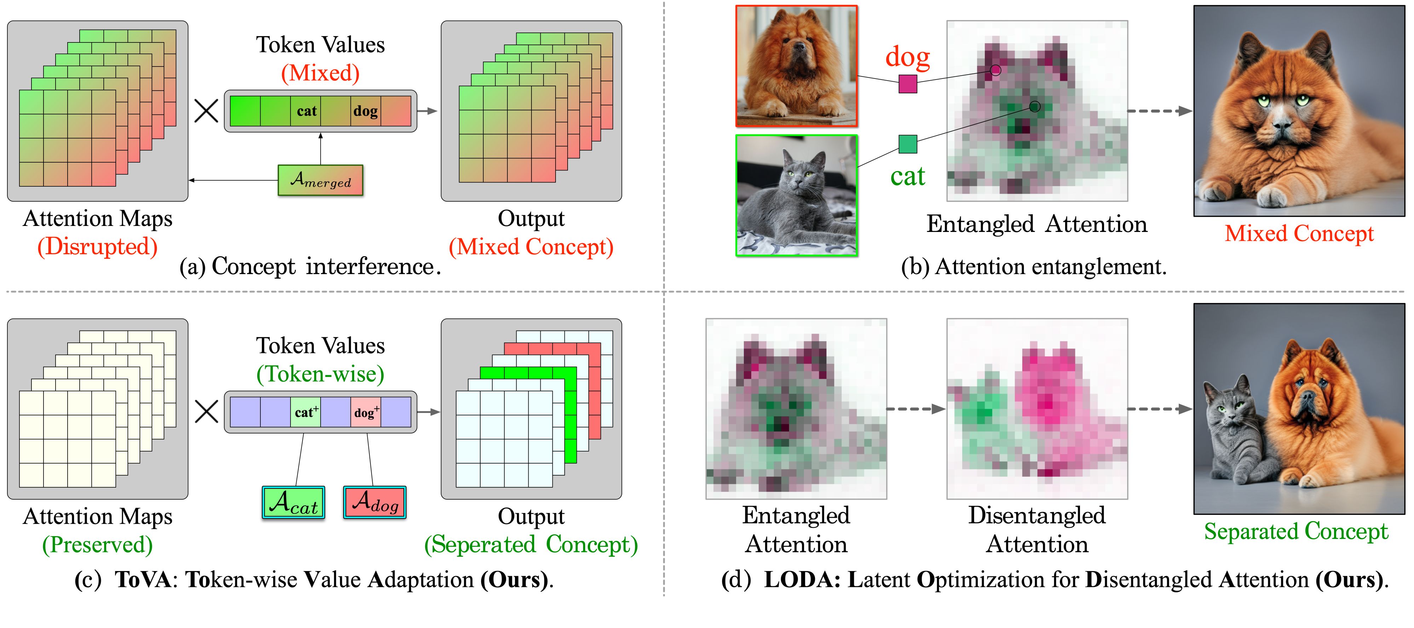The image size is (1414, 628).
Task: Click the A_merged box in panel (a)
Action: (320, 180)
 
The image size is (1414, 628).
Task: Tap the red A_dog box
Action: (374, 502)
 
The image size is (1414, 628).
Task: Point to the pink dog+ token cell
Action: (366, 412)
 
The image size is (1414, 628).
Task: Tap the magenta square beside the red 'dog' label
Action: (907, 84)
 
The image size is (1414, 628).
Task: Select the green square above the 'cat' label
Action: (907, 144)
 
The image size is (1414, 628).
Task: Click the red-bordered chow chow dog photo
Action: (796, 66)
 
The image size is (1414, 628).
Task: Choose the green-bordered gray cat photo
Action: (796, 195)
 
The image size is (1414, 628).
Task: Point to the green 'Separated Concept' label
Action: (1295, 531)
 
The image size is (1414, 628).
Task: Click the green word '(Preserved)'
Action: (97, 545)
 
